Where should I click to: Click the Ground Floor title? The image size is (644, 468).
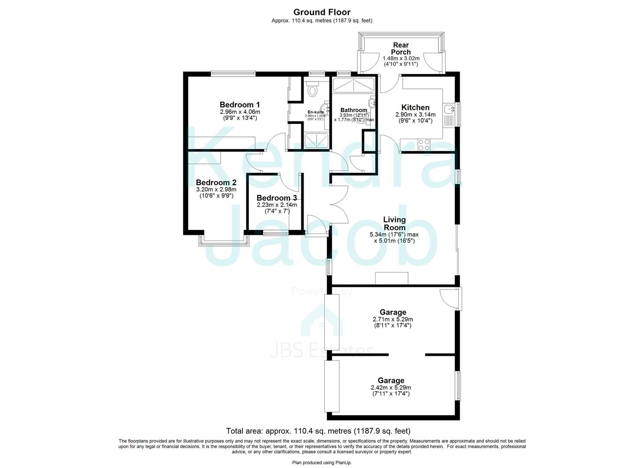pos(322,12)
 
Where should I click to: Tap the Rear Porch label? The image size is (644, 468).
pos(401,49)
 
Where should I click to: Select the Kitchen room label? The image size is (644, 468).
pos(415,107)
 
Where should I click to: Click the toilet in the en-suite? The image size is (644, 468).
pos(311,90)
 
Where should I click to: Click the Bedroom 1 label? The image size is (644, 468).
pos(239,104)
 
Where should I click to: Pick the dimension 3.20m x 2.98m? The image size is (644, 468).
pos(216,189)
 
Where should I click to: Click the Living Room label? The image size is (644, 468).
pos(394,224)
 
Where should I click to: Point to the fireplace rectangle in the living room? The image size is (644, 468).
pos(391,278)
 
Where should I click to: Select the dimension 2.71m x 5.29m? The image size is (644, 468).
pos(392,319)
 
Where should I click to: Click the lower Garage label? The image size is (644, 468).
pos(391,380)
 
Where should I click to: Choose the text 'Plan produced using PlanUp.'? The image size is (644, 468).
pos(322,463)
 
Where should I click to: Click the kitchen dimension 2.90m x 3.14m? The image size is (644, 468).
pos(415,115)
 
